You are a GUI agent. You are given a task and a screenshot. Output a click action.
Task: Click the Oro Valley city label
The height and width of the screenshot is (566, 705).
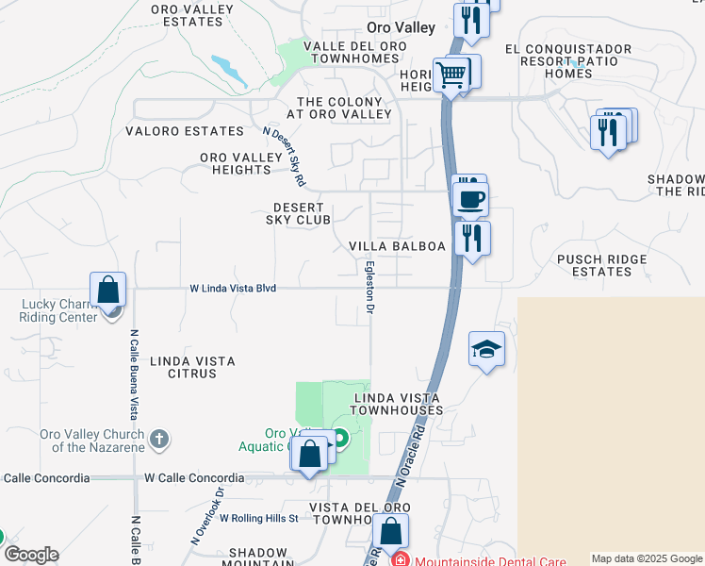401,28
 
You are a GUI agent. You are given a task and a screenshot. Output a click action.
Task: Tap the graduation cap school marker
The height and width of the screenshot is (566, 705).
486,350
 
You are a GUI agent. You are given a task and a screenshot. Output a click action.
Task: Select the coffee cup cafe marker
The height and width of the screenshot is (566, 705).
470,199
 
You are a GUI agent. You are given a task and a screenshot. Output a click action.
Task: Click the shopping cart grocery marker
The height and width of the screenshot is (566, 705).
451,74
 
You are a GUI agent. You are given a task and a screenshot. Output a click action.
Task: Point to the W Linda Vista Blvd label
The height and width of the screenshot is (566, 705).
233,288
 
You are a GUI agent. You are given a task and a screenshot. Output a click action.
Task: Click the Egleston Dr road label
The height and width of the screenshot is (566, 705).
371,287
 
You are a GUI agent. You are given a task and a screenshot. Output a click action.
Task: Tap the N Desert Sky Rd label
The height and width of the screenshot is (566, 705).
285,157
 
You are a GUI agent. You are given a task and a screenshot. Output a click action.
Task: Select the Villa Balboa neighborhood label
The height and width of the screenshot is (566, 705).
396,246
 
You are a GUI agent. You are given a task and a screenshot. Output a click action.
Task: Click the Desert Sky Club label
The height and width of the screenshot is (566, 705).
302,213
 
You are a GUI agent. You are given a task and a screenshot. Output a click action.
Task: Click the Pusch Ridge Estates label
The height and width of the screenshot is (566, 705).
601,265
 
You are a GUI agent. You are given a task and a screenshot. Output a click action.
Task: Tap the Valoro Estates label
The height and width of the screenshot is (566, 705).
185,131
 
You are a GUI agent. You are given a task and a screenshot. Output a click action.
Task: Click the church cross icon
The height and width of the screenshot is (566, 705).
159,439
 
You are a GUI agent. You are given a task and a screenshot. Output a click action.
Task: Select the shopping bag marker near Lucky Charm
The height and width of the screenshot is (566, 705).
108,290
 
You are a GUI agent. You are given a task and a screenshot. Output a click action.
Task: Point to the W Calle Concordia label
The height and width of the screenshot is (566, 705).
193,478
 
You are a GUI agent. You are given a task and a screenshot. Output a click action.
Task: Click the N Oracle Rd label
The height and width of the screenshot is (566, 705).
414,458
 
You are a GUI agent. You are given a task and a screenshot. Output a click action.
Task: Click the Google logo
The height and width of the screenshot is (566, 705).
31,555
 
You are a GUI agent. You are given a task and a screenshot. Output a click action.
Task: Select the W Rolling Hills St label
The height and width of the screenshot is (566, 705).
258,518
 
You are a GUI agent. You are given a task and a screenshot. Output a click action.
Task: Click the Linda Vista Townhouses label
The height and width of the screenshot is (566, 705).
398,404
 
